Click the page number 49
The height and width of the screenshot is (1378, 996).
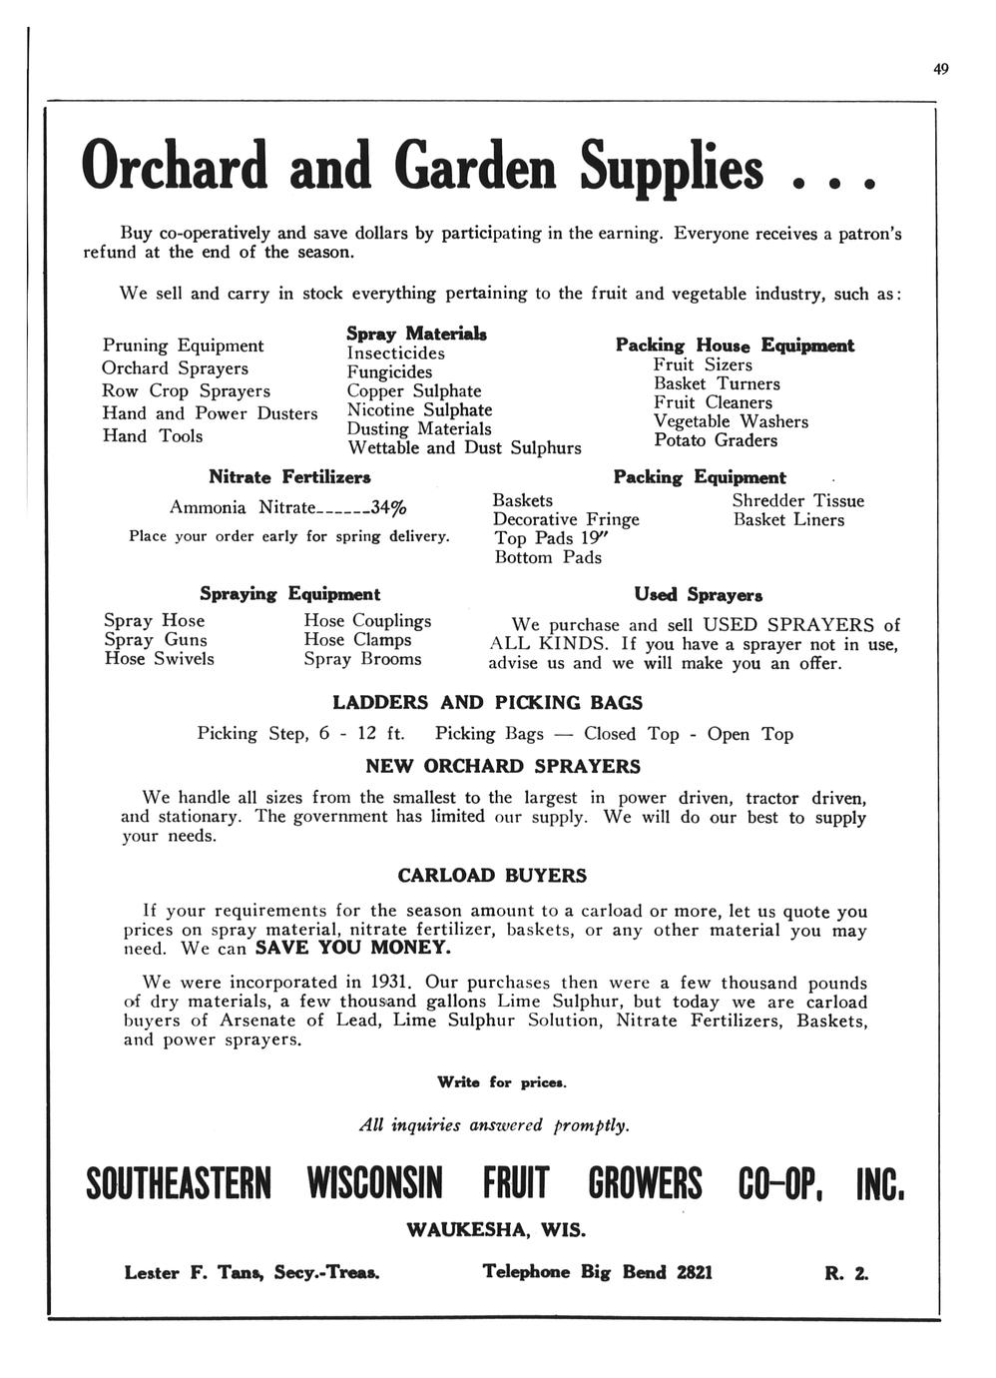940,69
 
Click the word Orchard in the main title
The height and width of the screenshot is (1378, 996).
175,166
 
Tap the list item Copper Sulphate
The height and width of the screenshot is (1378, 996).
413,390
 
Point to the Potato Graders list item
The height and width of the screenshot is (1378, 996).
715,440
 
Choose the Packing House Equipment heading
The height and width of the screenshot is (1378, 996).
735,345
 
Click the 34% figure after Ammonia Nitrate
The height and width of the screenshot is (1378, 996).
388,507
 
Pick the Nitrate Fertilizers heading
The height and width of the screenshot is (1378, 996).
289,477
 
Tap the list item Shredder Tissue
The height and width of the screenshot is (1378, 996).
797,500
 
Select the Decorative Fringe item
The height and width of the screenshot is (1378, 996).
566,519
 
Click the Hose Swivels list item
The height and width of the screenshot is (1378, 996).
159,659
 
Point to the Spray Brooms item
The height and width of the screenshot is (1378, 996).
362,659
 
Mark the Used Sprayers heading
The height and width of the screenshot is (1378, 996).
699,595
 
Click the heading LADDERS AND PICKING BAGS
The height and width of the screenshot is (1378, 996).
487,703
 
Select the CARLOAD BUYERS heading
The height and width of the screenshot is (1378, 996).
492,876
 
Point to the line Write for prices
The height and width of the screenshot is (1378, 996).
502,1082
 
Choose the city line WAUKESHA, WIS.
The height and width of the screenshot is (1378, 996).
496,1229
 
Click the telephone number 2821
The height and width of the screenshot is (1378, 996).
695,1273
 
